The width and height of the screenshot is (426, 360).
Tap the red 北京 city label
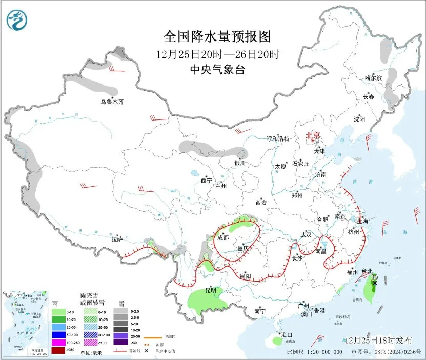tap(313, 135)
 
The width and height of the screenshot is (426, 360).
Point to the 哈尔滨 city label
tap(373, 78)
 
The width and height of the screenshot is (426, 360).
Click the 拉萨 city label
tap(117, 238)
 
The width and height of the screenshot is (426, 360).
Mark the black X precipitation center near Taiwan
tap(375, 283)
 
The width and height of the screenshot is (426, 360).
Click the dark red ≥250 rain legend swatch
tap(58, 350)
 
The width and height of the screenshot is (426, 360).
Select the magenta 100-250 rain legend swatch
tap(58, 343)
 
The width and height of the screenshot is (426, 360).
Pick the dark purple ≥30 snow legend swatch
tap(121, 343)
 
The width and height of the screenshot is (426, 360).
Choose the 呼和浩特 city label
tap(277, 138)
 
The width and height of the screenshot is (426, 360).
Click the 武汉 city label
tap(306, 234)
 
